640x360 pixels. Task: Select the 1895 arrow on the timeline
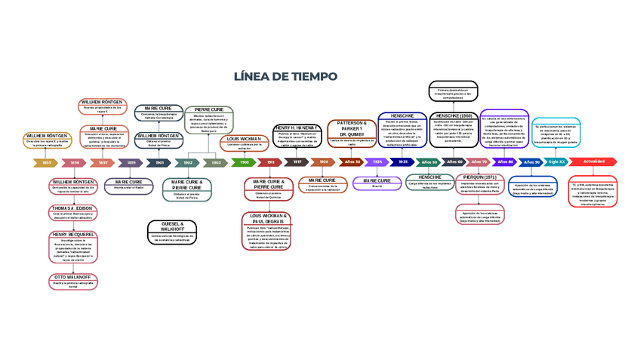point(46,162)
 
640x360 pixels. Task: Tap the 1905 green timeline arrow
point(245,162)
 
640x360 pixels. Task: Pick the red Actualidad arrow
point(593,162)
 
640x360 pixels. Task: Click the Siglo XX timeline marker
point(556,162)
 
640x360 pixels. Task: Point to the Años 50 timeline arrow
point(429,162)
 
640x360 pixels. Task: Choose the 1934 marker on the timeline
point(377,162)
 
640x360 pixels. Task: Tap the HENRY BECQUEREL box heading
point(73,235)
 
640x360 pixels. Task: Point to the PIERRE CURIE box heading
point(209,109)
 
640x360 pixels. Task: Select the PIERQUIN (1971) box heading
point(480,177)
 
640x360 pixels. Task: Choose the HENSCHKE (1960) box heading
point(454,115)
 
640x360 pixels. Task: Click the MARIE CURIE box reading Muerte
point(377,183)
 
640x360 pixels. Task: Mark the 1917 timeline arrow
point(297,162)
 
